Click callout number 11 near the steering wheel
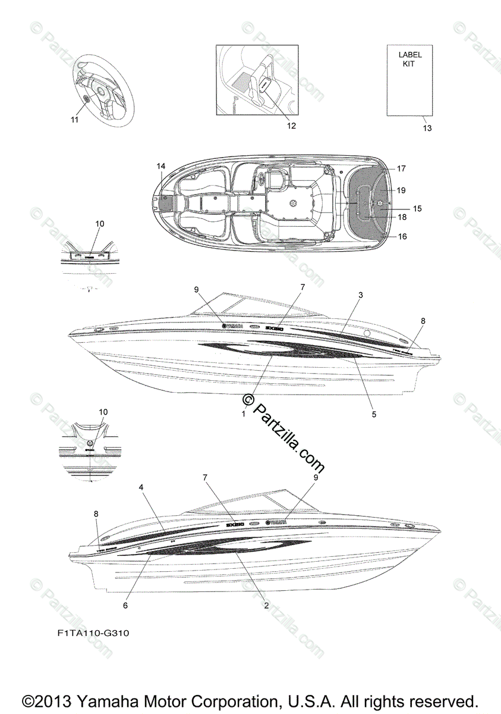coord(74,120)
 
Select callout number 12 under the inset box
coord(291,126)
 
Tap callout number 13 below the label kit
coord(427,128)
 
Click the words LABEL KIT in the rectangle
coord(410,59)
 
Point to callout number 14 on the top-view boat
coord(160,167)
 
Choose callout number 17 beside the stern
coord(401,168)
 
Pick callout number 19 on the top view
coord(401,190)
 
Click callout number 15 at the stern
coord(417,209)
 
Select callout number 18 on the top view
coord(401,217)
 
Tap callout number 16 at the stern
coord(402,236)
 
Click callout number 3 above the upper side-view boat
coord(361,295)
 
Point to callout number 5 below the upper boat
coord(374,414)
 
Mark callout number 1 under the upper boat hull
coord(243,413)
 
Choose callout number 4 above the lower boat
coord(141,487)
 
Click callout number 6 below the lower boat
coord(125,605)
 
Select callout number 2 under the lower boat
coord(266,605)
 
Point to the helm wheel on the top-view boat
coord(293,203)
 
